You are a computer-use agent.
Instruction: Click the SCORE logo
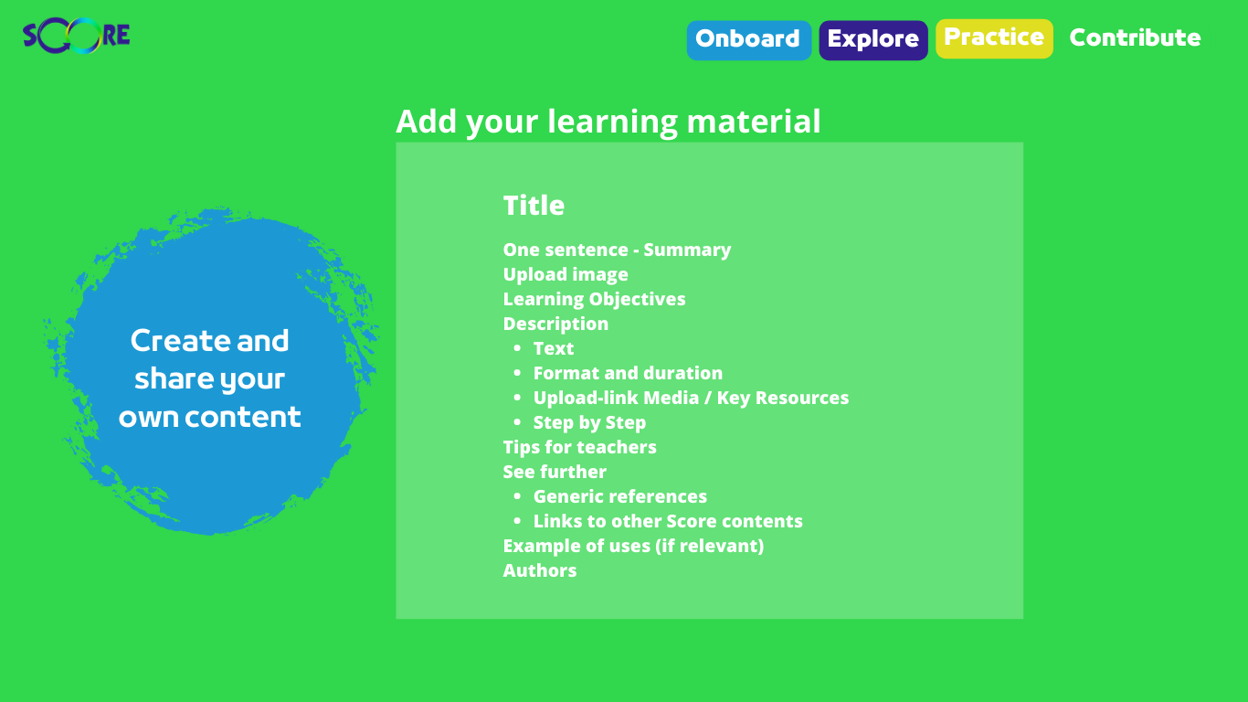point(77,36)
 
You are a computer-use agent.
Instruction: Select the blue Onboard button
point(749,40)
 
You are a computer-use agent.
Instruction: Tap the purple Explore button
point(873,40)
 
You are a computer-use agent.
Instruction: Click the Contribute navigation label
point(1135,37)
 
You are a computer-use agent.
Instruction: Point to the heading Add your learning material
point(608,122)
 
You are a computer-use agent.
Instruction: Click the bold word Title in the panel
point(534,205)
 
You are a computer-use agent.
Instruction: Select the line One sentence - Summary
point(617,250)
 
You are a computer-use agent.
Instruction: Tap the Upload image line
point(566,275)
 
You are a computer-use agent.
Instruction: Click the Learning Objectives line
point(594,300)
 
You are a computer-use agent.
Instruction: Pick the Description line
point(555,324)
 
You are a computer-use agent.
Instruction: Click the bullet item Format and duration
point(628,373)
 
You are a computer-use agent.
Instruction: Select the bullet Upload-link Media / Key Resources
point(691,398)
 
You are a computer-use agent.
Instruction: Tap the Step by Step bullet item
point(589,422)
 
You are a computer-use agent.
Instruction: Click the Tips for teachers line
point(579,447)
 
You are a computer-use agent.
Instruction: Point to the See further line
point(555,472)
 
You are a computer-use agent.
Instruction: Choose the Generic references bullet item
point(620,496)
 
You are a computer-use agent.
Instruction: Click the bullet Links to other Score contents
point(668,521)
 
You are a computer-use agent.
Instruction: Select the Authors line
point(540,570)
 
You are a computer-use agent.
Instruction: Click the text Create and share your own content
point(209,378)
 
